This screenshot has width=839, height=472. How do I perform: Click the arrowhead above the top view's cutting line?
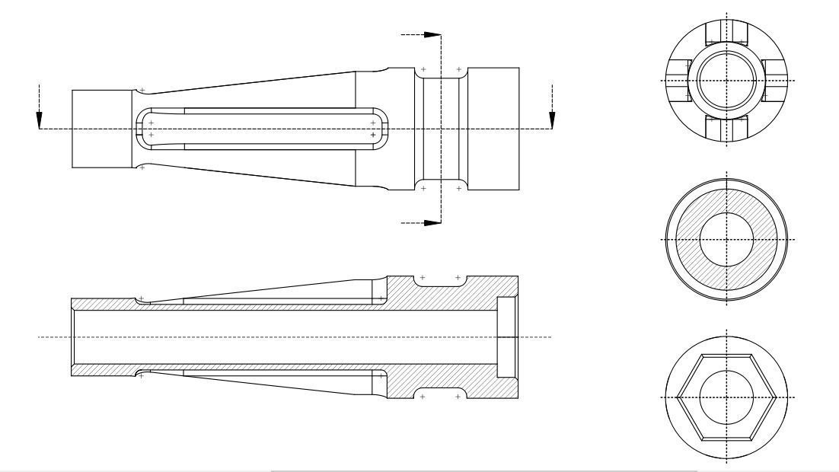click(432, 34)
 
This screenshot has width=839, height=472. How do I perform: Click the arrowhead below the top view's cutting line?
click(432, 223)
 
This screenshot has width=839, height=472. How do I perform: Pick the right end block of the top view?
click(493, 129)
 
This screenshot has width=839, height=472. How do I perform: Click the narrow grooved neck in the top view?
click(441, 129)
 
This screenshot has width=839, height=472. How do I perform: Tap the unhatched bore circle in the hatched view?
click(727, 239)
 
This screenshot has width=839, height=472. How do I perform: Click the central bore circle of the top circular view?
click(727, 81)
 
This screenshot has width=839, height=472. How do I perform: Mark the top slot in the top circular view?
click(727, 33)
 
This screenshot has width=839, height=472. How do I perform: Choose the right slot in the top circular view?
click(776, 81)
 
